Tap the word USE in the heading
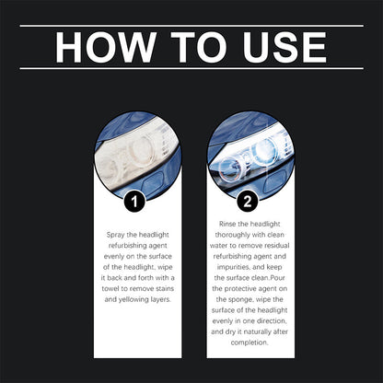pyautogui.click(x=280, y=47)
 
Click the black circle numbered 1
pyautogui.click(x=135, y=198)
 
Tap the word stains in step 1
pyautogui.click(x=159, y=287)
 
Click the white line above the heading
pyautogui.click(x=191, y=25)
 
